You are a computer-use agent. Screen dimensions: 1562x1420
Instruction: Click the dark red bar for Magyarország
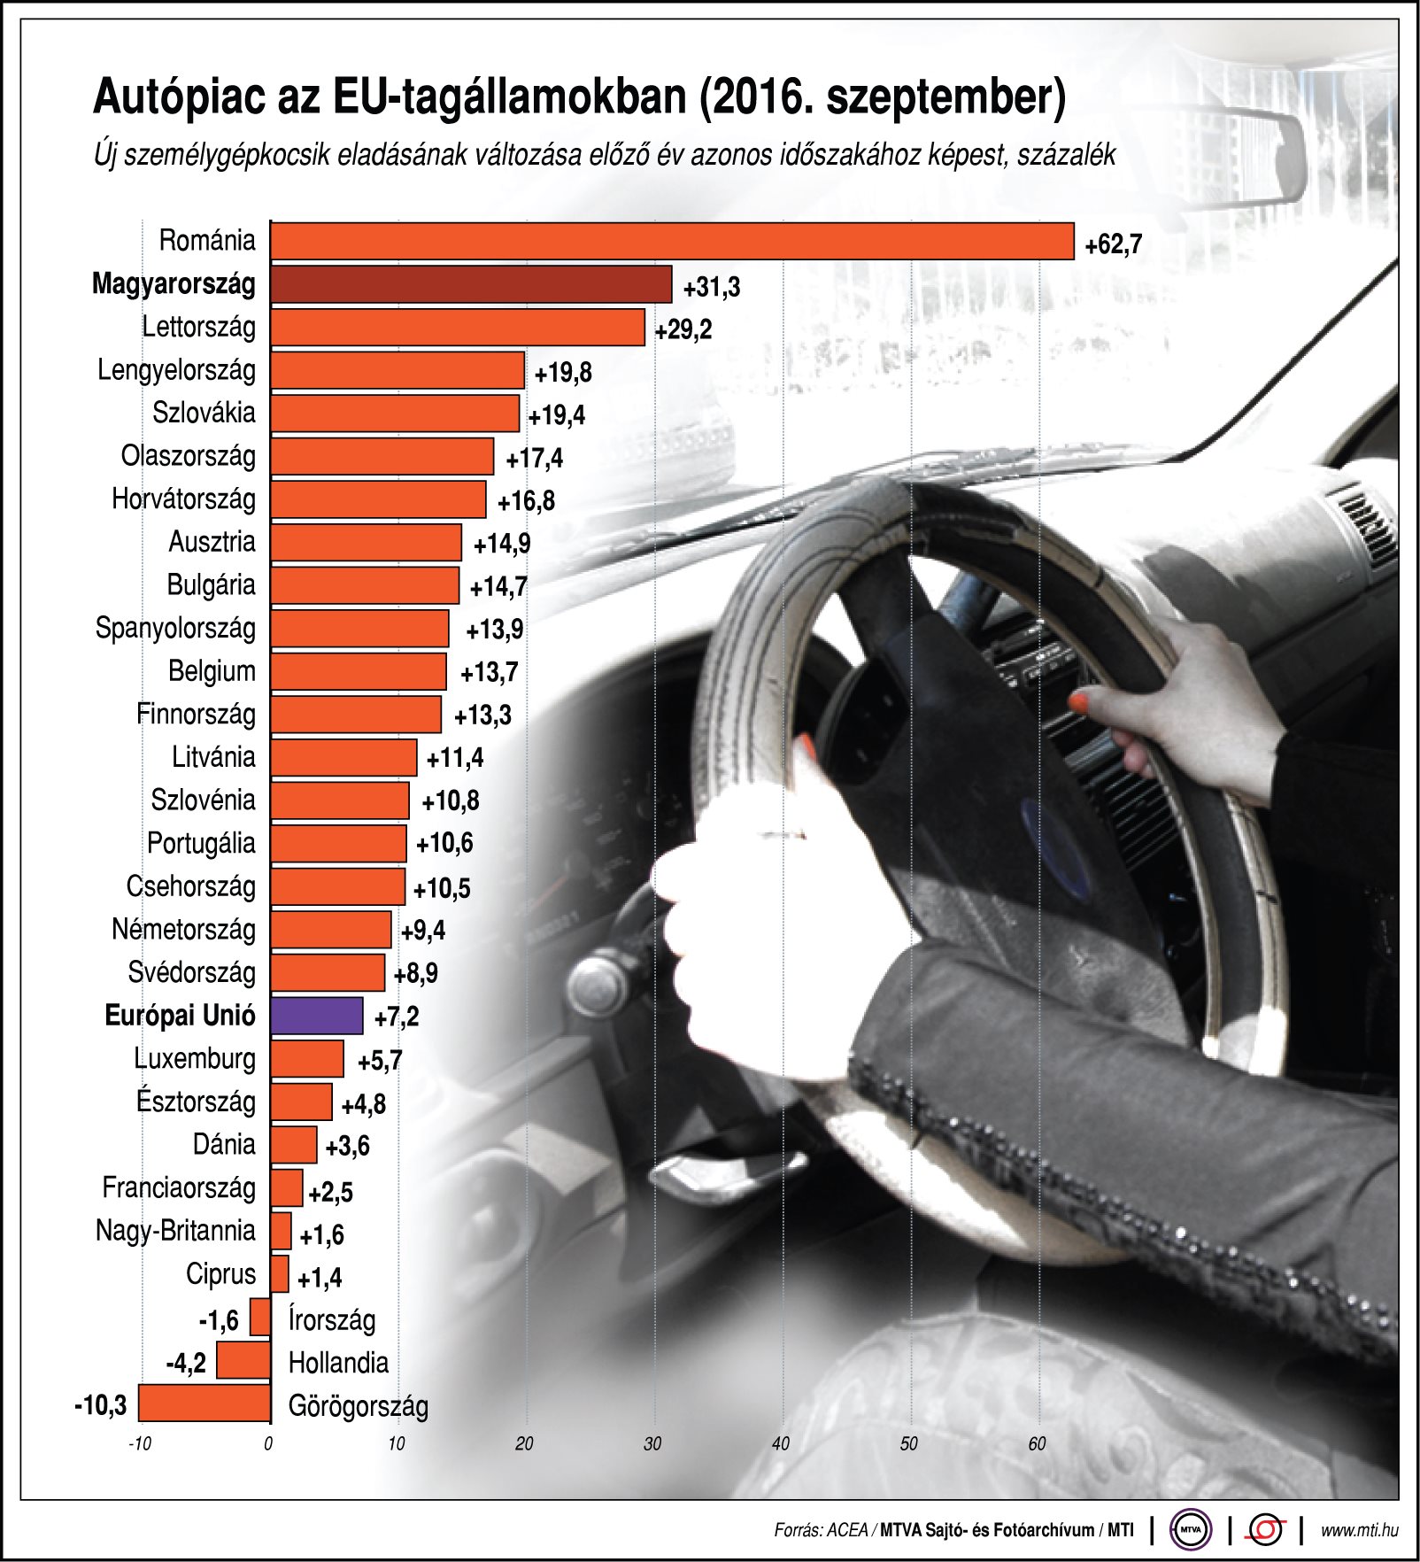click(x=471, y=285)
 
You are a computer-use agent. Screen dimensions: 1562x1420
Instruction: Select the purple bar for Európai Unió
click(x=317, y=1016)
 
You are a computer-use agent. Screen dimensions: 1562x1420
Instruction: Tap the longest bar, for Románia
click(x=672, y=241)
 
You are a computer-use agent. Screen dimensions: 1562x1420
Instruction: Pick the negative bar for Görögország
click(x=205, y=1403)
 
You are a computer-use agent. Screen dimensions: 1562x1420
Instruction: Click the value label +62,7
click(x=1113, y=244)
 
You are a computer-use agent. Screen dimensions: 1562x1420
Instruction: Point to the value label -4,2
click(x=186, y=1363)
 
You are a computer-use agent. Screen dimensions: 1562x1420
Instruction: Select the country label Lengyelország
click(x=176, y=370)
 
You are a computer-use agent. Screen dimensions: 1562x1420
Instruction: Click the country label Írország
click(x=332, y=1319)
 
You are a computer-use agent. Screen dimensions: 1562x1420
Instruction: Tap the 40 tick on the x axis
click(x=780, y=1444)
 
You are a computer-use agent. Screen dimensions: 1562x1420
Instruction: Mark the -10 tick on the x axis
click(x=139, y=1444)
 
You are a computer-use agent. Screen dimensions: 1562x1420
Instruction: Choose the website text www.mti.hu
click(x=1359, y=1530)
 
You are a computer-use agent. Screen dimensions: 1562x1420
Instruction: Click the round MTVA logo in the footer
click(x=1191, y=1529)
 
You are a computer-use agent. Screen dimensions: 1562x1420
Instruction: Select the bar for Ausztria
click(x=367, y=543)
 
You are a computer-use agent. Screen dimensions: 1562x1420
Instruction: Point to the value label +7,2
click(x=396, y=1017)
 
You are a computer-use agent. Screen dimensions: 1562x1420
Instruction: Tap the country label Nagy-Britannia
click(x=175, y=1230)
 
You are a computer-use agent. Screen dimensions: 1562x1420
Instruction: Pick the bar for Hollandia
click(x=243, y=1360)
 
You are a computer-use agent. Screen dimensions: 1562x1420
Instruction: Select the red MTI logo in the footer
click(x=1266, y=1529)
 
